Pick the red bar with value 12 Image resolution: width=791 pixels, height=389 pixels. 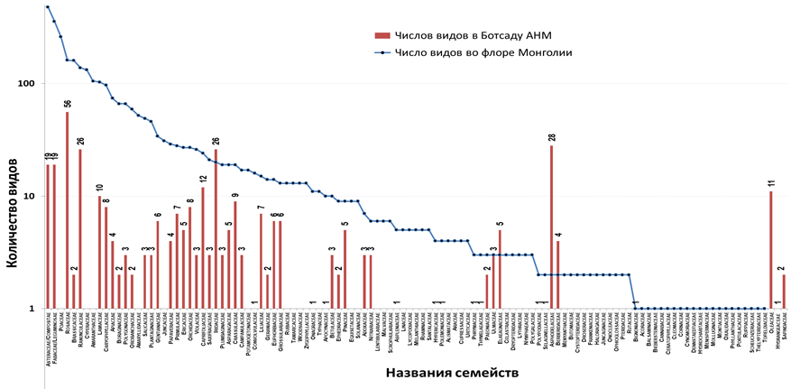pos(203,248)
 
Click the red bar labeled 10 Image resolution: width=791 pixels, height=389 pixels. pos(100,253)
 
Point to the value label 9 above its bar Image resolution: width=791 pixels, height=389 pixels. pos(235,195)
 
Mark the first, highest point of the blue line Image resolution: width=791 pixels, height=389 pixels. pos(47,7)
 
